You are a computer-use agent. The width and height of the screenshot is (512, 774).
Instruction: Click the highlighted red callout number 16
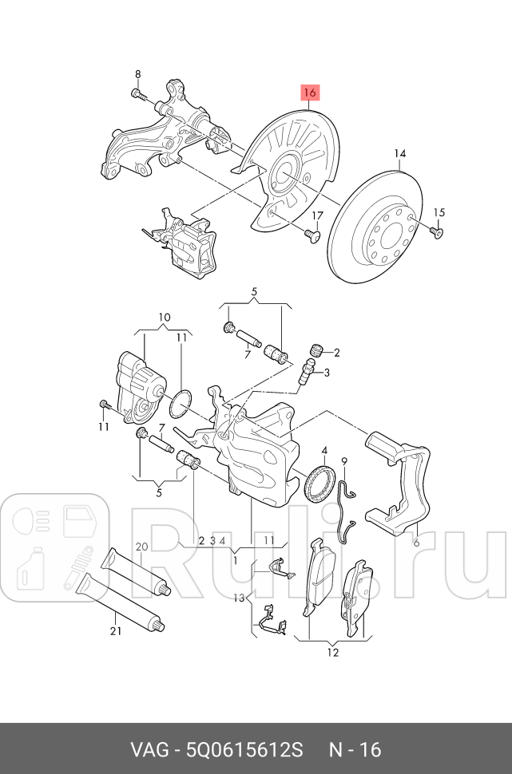click(x=310, y=93)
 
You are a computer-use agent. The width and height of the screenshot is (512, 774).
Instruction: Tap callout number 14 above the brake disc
click(x=399, y=154)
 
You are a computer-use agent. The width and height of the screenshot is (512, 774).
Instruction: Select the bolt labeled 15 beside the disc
click(x=435, y=231)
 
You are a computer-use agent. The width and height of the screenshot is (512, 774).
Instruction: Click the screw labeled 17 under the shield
click(x=312, y=235)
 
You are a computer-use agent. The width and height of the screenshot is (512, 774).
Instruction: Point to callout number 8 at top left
click(x=137, y=74)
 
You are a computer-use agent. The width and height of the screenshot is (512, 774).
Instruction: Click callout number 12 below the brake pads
click(x=332, y=653)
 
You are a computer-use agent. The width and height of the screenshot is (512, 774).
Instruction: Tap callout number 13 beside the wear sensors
click(x=238, y=598)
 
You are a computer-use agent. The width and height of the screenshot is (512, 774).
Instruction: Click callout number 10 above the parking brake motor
click(x=164, y=317)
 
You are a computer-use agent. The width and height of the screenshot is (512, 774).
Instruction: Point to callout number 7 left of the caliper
click(x=161, y=428)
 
